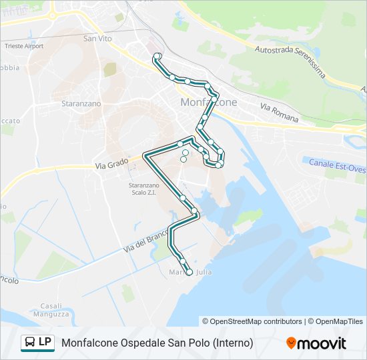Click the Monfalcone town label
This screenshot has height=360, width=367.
click(x=210, y=102)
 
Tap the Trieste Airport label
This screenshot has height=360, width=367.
click(x=25, y=46)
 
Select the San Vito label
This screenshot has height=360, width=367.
click(x=98, y=39)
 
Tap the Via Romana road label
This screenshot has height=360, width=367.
click(x=279, y=113)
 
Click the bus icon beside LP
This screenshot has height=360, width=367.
click(x=29, y=343)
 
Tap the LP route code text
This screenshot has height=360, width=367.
click(x=45, y=342)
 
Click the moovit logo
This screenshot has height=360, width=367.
click(x=316, y=343)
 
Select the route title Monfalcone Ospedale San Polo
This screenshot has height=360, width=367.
click(x=157, y=343)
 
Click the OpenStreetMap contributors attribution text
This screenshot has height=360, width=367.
click(x=252, y=321)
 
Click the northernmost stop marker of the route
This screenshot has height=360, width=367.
click(x=157, y=57)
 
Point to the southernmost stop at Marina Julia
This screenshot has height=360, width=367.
click(x=189, y=272)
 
